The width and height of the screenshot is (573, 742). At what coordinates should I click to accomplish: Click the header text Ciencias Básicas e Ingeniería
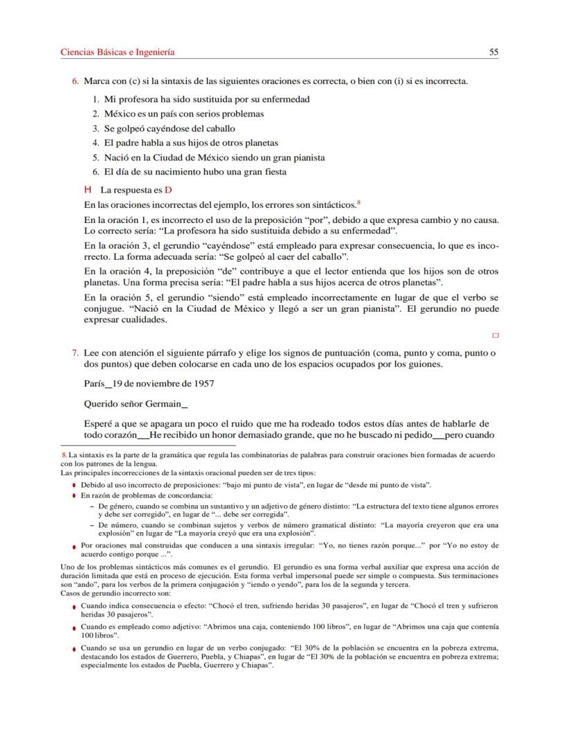tap(117, 52)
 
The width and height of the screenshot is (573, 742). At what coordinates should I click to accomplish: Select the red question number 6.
tap(75, 82)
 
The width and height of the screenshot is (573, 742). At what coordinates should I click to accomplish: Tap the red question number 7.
tap(75, 352)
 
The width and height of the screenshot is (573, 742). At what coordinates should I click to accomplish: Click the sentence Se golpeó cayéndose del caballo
tap(169, 128)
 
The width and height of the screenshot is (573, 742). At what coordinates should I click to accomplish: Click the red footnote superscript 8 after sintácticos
tap(359, 202)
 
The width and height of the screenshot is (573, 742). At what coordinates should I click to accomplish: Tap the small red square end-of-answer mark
tap(495, 335)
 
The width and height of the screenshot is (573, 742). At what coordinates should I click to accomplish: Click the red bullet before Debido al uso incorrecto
tap(73, 486)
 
